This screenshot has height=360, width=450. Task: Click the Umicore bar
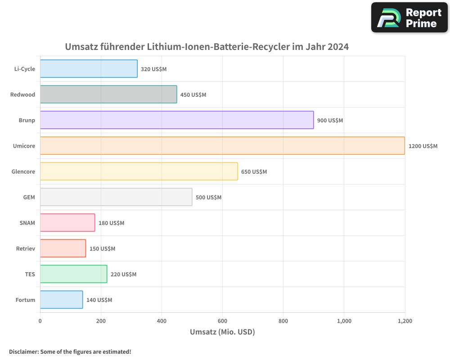(222, 146)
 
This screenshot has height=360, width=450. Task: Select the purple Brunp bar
(177, 120)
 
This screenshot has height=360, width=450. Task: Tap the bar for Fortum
(61, 300)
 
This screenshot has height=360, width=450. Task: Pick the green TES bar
(73, 274)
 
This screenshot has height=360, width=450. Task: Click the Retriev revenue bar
(63, 248)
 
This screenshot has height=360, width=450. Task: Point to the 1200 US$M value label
(423, 146)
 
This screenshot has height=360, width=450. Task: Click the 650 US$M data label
(254, 172)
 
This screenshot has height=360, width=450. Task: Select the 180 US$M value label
(111, 223)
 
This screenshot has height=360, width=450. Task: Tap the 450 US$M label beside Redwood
(193, 95)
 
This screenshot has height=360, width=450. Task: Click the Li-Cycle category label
(25, 69)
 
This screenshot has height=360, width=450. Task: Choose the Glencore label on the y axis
(23, 171)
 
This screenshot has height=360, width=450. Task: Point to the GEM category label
(29, 197)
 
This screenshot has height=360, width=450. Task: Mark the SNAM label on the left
(27, 223)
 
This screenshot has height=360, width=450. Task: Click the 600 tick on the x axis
(222, 321)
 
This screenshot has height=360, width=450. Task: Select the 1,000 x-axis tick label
(344, 321)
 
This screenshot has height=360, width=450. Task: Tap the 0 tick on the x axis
(40, 321)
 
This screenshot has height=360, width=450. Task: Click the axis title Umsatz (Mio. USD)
(222, 332)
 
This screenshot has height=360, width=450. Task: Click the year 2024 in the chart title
(338, 47)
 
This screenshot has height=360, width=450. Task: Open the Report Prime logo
(409, 18)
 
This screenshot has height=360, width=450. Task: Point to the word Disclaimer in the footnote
(23, 351)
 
